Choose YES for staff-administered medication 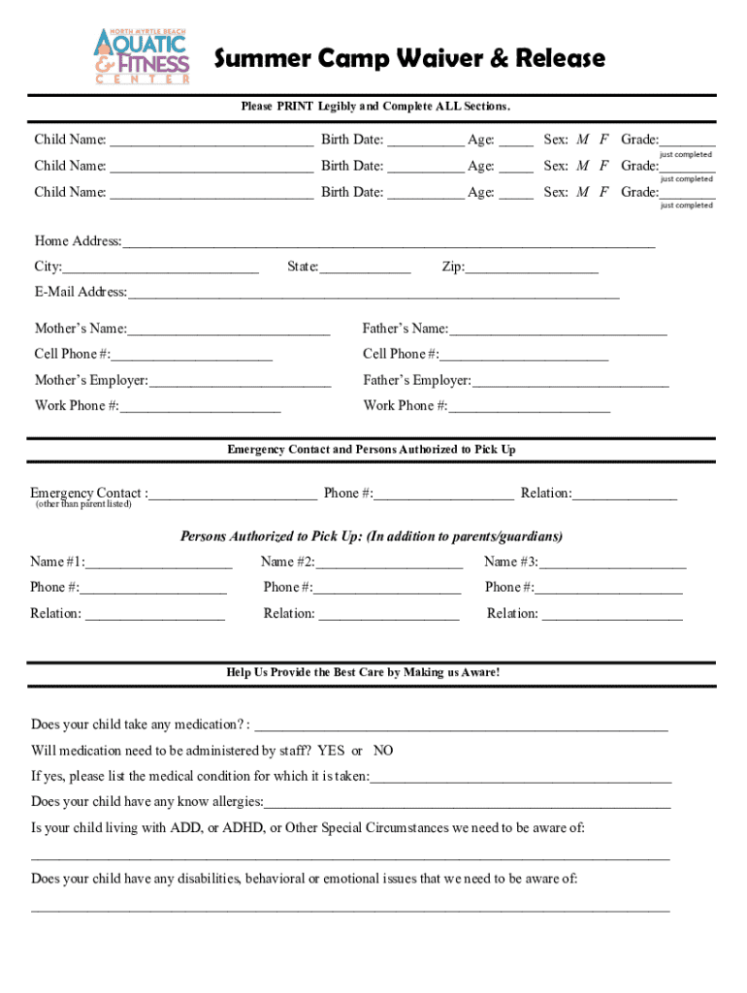pyautogui.click(x=331, y=751)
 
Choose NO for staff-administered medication pyautogui.click(x=383, y=751)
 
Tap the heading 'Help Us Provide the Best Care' pyautogui.click(x=364, y=671)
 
